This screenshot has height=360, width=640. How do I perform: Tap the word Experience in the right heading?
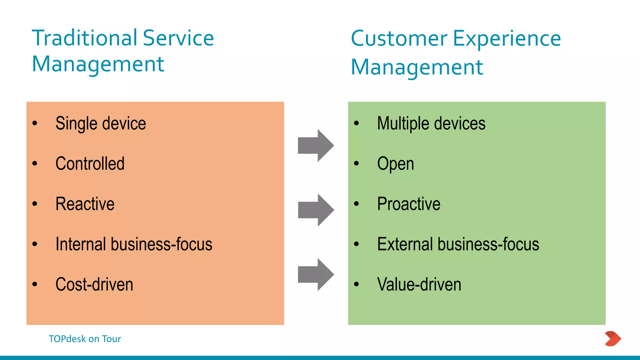tap(507, 39)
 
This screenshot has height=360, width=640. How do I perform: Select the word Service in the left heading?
tap(178, 38)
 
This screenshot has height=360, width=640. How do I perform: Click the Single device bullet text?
tap(101, 123)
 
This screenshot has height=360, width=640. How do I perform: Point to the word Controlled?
tap(90, 163)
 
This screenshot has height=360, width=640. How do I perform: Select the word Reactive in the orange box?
tap(85, 204)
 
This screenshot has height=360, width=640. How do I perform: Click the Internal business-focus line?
tap(134, 244)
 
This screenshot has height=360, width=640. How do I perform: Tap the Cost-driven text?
tap(94, 284)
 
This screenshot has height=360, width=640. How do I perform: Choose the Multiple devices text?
tap(431, 123)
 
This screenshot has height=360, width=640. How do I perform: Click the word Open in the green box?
tap(396, 164)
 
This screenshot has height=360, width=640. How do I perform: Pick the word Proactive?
tap(409, 204)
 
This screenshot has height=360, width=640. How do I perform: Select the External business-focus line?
tap(458, 244)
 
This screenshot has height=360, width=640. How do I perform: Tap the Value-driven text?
tap(419, 284)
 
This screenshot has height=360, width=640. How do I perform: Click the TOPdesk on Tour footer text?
tap(85, 339)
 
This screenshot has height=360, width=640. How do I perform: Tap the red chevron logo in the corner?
tap(613, 339)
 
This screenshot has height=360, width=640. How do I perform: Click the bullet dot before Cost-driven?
tap(35, 284)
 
